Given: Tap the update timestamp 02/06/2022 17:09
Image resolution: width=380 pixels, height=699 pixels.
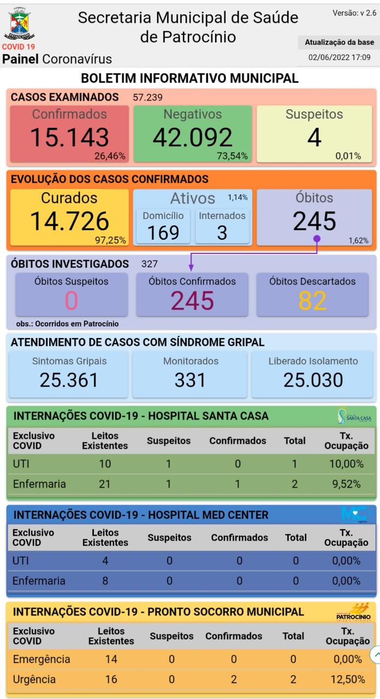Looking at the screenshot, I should pyautogui.click(x=339, y=57).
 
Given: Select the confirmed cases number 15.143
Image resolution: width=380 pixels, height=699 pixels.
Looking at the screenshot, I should pyautogui.click(x=69, y=138).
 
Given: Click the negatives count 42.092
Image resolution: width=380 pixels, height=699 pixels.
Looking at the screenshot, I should pyautogui.click(x=192, y=138).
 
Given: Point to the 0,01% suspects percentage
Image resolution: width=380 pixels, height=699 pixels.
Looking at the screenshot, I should pyautogui.click(x=348, y=156).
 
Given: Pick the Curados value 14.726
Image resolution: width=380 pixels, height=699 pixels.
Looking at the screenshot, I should pyautogui.click(x=69, y=221).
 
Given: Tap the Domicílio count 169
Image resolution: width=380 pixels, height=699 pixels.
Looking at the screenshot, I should pyautogui.click(x=163, y=232).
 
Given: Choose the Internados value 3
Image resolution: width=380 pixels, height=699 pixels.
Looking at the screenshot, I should pyautogui.click(x=222, y=232).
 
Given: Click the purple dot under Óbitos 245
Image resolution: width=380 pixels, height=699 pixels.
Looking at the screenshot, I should pyautogui.click(x=317, y=238).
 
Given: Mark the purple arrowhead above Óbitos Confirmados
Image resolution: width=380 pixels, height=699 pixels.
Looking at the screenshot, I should pyautogui.click(x=191, y=267).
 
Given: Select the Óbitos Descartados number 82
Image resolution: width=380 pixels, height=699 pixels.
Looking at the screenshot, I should pyautogui.click(x=313, y=300).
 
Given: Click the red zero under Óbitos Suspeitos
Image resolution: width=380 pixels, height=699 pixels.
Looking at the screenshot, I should pyautogui.click(x=71, y=300).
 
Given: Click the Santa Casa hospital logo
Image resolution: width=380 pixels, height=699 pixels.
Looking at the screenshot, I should pyautogui.click(x=354, y=417).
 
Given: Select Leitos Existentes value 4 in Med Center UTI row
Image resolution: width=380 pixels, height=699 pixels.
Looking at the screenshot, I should pyautogui.click(x=105, y=560).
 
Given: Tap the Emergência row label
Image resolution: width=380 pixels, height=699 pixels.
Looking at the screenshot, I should pyautogui.click(x=41, y=659).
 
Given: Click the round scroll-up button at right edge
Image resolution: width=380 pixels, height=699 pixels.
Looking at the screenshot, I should pyautogui.click(x=376, y=655).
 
